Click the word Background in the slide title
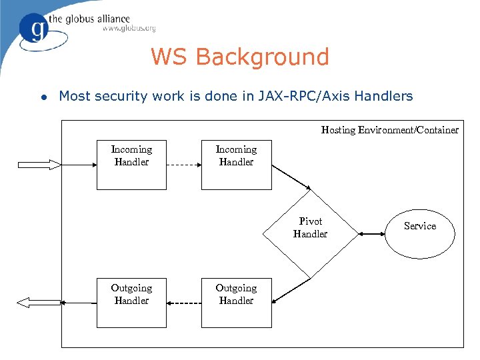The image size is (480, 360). click(263, 57)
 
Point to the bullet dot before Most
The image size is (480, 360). click(43, 97)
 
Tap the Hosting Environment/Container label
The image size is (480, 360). click(389, 130)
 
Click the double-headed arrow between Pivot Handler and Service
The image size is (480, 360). click(371, 233)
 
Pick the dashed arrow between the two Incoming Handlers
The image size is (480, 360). click(183, 164)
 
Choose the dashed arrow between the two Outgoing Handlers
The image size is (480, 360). click(183, 303)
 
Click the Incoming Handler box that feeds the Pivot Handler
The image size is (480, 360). click(236, 164)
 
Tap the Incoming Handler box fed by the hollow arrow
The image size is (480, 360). click(131, 164)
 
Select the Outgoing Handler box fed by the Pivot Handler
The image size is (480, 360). click(236, 303)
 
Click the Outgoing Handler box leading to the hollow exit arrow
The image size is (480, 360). click(131, 303)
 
